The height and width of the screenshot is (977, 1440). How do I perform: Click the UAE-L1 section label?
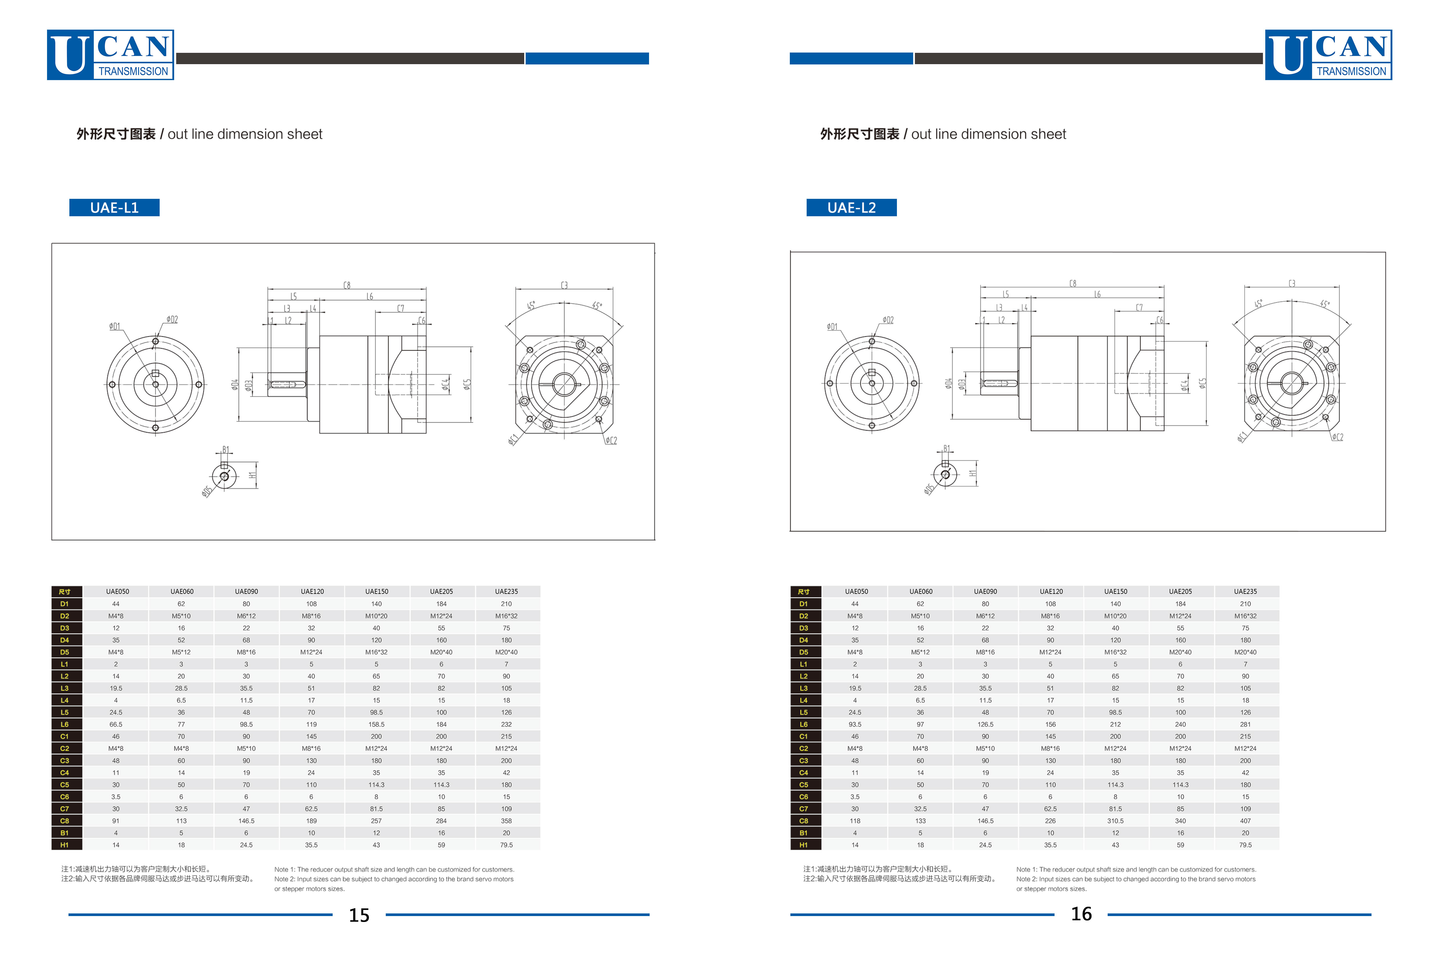114,208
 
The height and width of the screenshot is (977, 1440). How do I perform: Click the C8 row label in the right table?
804,821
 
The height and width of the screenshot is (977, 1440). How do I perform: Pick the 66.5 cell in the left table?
116,724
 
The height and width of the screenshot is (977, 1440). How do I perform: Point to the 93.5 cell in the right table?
855,724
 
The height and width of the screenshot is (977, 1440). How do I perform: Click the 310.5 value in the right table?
1115,821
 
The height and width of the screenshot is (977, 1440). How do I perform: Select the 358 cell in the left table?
506,821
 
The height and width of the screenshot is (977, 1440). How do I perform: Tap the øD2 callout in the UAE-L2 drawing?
888,320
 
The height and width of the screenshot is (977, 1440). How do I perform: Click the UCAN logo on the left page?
110,55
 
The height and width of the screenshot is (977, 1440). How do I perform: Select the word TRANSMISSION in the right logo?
1351,71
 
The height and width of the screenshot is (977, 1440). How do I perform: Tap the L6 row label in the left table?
64,724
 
